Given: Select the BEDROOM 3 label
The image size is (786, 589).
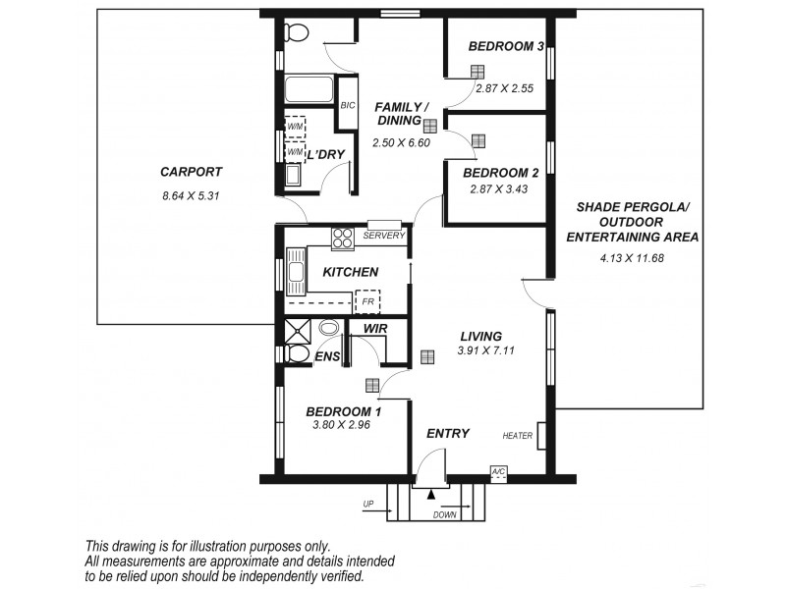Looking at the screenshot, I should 506,46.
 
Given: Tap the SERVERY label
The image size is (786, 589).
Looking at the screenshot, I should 383,236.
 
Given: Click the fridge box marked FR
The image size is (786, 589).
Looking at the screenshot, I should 367,300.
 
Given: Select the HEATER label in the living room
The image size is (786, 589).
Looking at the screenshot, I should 517,436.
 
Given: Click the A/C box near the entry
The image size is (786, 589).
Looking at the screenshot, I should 499,472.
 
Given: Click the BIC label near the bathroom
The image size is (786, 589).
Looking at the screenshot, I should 347,106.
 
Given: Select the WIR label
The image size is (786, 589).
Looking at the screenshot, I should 373,328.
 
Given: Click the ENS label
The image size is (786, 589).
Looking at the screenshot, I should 327,357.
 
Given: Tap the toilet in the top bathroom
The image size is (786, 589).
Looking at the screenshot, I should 295,32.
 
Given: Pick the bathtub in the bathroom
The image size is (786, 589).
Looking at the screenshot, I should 309,91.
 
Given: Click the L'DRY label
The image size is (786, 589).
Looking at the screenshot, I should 324,154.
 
